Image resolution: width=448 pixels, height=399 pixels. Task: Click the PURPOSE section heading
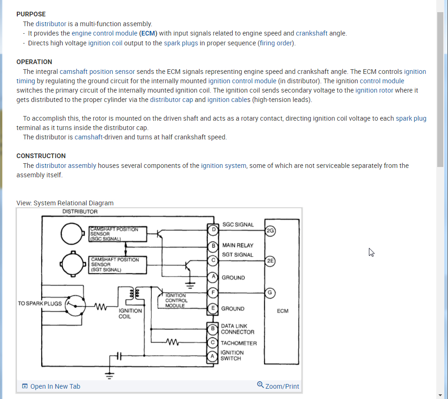tap(31, 14)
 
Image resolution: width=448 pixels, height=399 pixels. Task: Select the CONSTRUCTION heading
tap(41, 156)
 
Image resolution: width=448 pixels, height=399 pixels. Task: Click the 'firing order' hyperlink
tap(276, 43)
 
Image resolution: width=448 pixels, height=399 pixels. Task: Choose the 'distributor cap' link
tap(171, 100)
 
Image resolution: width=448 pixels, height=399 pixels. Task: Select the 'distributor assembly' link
tap(66, 166)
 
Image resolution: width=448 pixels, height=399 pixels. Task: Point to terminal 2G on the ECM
tap(270, 230)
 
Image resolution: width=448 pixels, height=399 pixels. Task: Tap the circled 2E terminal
tap(270, 261)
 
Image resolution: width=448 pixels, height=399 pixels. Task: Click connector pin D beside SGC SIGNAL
tap(213, 230)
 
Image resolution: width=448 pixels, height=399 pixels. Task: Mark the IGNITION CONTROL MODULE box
tap(176, 300)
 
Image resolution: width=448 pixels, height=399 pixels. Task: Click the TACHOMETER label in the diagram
tap(239, 343)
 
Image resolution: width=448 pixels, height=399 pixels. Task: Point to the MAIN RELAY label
tap(238, 245)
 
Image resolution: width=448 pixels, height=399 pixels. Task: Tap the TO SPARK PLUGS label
tap(40, 304)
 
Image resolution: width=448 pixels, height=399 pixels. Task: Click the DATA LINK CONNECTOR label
tap(237, 329)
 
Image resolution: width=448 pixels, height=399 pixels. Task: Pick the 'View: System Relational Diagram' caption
tap(65, 203)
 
